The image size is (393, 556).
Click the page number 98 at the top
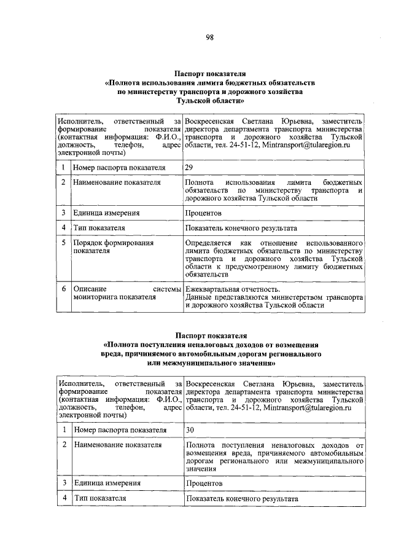[209, 37]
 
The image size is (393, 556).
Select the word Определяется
[209, 243]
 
